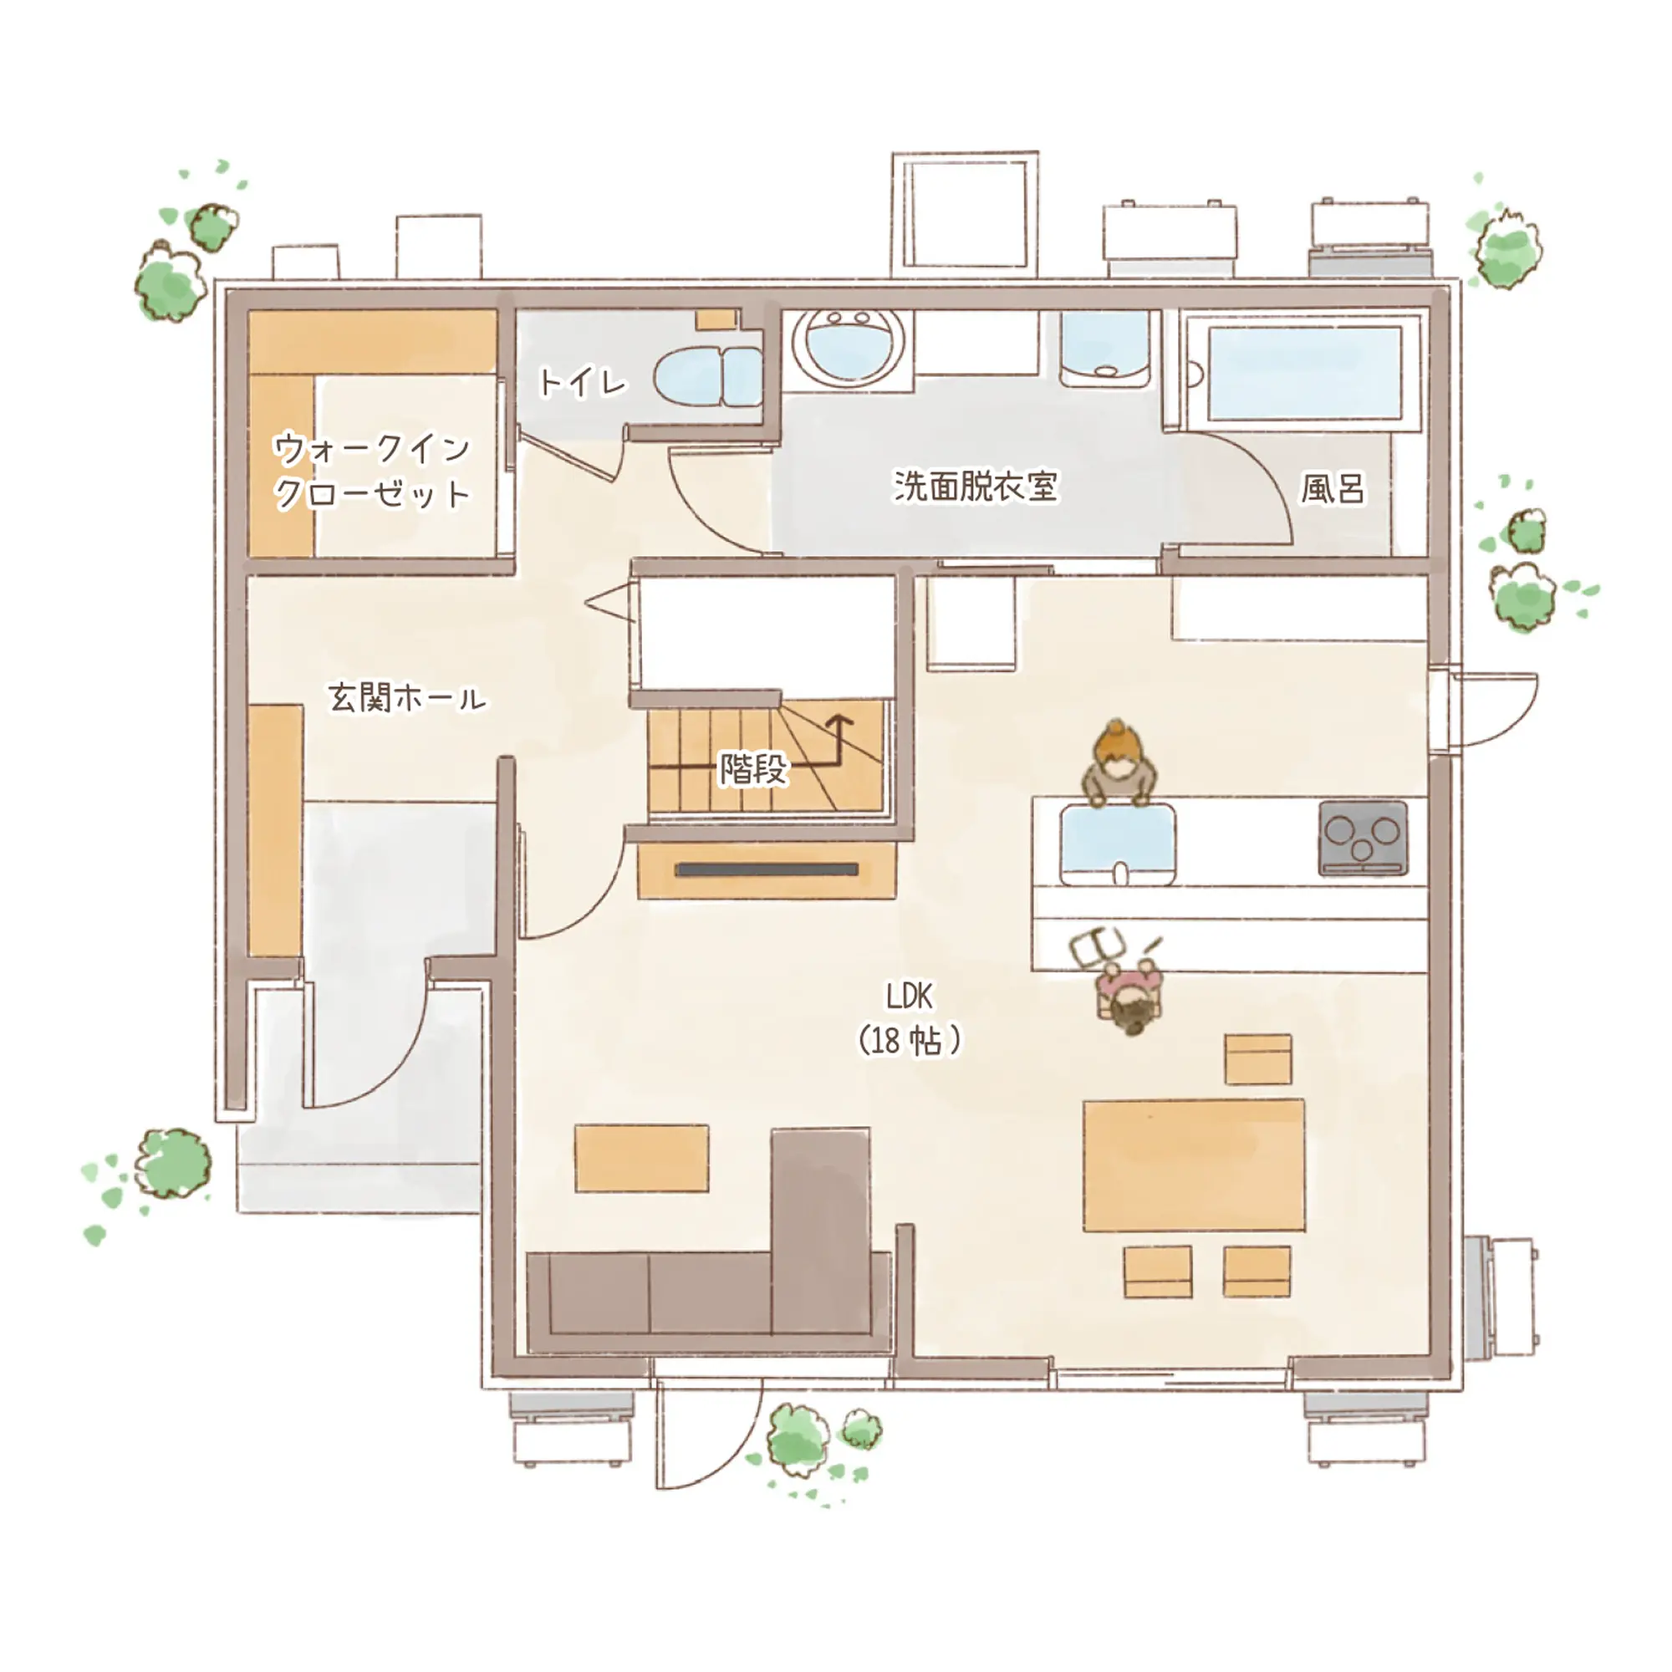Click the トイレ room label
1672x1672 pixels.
click(x=582, y=382)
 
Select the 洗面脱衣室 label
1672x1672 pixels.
click(x=976, y=486)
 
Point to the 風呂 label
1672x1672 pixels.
click(x=1332, y=488)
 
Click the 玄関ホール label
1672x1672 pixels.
click(x=407, y=697)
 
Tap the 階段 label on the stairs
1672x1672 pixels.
click(x=754, y=768)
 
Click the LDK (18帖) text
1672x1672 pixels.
click(x=909, y=1017)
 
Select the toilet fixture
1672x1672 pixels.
click(x=708, y=376)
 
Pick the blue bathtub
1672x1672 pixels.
click(x=1304, y=374)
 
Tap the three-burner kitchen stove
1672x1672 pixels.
click(x=1362, y=838)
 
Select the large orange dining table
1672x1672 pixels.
click(x=1194, y=1165)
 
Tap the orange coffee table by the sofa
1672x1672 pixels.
click(x=641, y=1159)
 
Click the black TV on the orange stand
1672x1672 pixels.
click(x=767, y=869)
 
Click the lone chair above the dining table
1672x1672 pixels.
click(x=1258, y=1058)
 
